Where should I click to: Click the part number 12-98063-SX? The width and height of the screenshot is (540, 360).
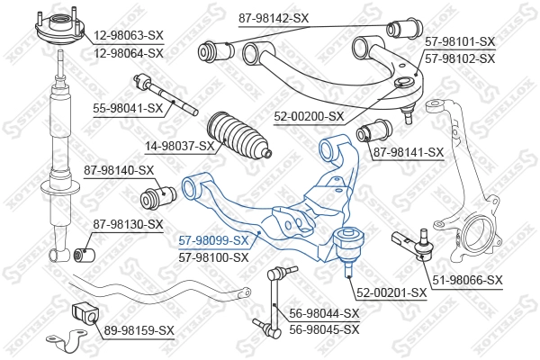click(129, 35)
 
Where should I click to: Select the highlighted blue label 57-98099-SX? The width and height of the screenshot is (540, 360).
click(213, 241)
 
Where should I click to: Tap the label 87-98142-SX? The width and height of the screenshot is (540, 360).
click(274, 18)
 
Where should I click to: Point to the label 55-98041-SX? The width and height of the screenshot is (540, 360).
click(128, 109)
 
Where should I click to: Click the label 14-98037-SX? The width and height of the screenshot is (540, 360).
click(179, 146)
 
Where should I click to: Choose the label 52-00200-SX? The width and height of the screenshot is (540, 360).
click(309, 117)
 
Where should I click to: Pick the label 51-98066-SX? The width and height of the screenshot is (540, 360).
click(467, 280)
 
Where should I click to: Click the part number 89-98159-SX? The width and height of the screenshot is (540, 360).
click(139, 330)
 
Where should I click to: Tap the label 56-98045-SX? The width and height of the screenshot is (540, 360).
click(324, 329)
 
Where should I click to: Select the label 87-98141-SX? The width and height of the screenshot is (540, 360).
click(409, 152)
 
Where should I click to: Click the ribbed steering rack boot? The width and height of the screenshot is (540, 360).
click(239, 136)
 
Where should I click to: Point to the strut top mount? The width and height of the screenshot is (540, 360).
click(60, 29)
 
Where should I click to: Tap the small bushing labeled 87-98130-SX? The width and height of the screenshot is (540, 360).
click(85, 255)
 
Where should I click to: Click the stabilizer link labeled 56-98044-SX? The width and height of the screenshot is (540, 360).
click(274, 301)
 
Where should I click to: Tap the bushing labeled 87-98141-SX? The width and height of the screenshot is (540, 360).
click(373, 130)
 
